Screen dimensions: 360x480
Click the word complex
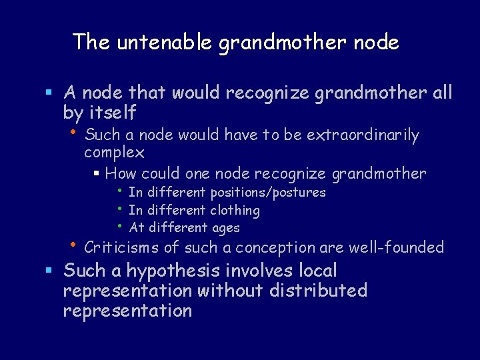[114, 153]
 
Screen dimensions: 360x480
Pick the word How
[120, 174]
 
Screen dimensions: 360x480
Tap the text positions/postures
[268, 193]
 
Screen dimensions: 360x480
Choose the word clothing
[233, 211]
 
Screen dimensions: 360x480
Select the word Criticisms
[122, 248]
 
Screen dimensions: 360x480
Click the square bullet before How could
[97, 175]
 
